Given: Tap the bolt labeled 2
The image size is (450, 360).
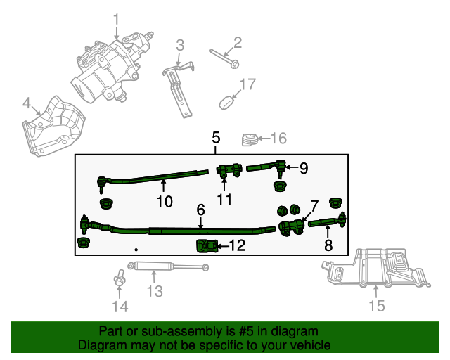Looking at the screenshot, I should (224, 58).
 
